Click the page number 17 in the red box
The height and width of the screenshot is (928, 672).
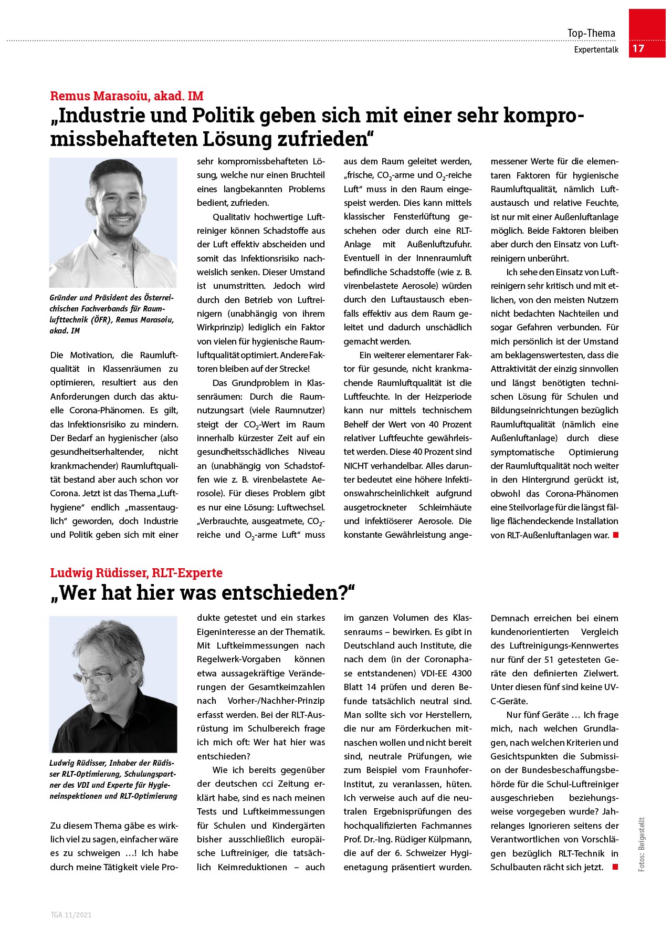point(638,49)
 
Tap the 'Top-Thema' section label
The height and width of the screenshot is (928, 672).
point(591,34)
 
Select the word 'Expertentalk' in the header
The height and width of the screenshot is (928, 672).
point(596,50)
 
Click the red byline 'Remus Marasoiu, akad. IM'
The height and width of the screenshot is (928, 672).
point(127,96)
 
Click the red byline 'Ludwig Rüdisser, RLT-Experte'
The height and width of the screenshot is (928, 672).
point(136,573)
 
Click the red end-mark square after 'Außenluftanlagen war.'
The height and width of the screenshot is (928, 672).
point(615,535)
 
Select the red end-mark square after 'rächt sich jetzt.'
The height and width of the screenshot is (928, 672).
point(615,867)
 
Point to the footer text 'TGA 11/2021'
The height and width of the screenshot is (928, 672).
point(71,915)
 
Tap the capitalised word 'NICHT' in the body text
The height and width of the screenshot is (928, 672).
point(356,466)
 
